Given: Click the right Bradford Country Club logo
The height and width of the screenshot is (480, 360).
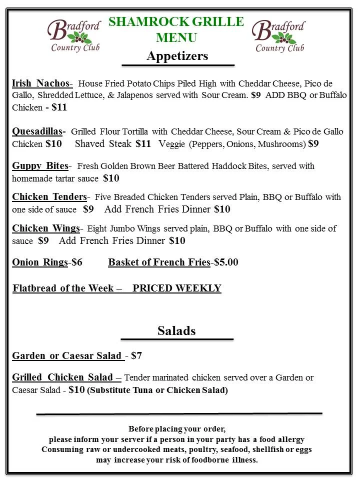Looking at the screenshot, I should point(279,36).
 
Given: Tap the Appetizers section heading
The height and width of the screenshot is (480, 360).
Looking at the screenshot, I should point(177,56).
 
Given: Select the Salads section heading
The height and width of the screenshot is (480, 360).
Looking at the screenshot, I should point(176,330).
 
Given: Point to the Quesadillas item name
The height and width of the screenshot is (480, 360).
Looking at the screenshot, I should point(38,131).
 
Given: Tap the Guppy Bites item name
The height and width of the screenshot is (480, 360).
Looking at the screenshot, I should point(40,166).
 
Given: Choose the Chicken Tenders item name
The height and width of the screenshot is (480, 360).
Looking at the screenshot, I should point(49,197).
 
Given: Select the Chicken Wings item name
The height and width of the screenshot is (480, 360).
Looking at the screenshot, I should point(46,228).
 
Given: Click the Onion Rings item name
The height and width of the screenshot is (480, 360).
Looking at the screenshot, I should point(40,262).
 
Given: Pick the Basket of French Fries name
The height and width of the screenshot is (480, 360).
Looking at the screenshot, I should point(159,262).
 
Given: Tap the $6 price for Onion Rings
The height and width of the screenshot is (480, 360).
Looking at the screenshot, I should point(77,262).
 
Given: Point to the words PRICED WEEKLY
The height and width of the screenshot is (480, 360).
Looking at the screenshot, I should point(176,288).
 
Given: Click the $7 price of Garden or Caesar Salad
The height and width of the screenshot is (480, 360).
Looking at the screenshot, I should point(136,356).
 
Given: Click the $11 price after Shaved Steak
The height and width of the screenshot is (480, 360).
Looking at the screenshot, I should point(143,144).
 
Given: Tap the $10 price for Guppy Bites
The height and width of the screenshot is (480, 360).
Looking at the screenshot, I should point(111,178).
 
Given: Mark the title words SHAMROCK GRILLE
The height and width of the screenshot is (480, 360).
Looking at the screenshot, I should point(176,22).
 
